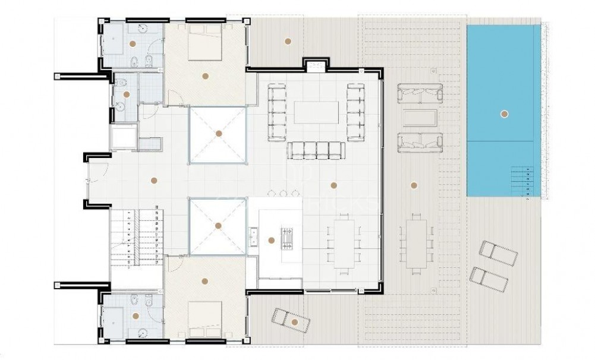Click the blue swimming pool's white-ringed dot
[504, 114]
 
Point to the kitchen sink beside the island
[254, 236]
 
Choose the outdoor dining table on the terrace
[415, 242]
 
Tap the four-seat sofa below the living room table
[316, 150]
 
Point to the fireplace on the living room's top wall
[314, 64]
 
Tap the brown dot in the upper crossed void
[219, 134]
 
